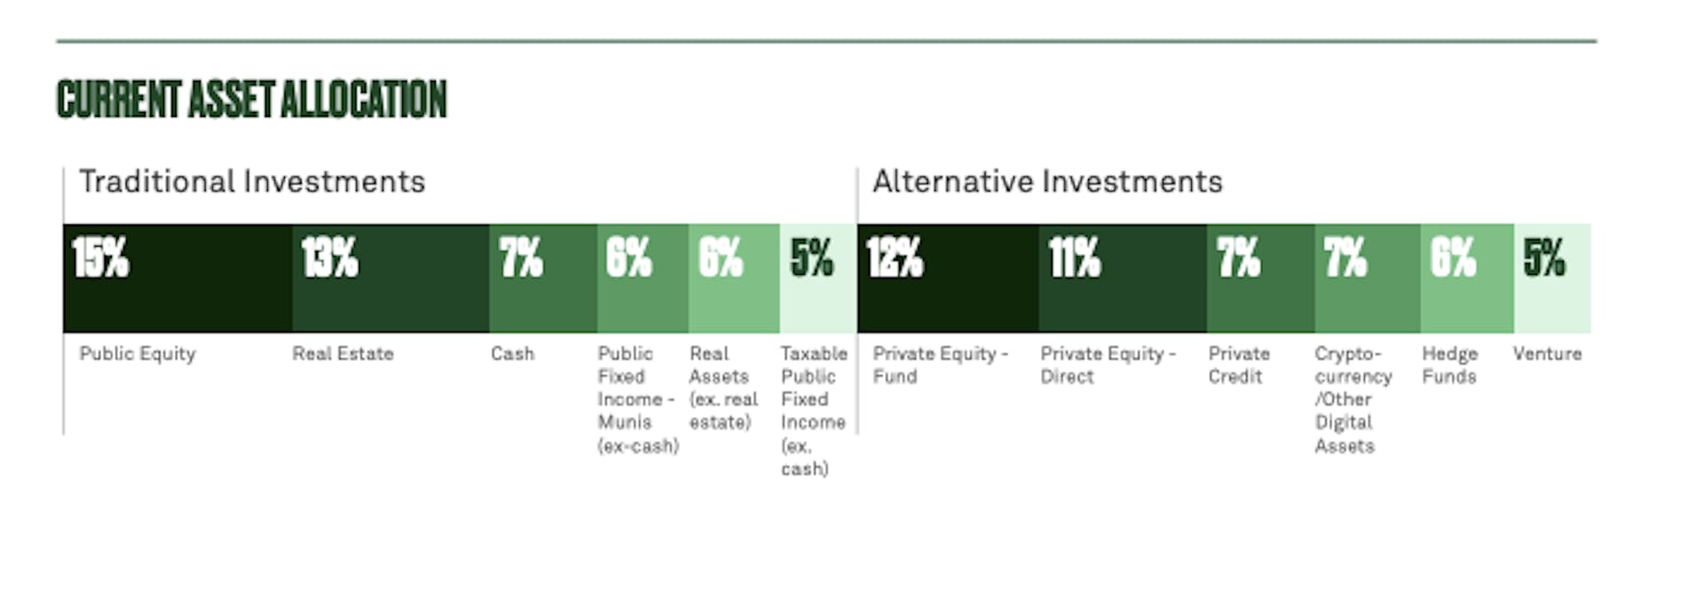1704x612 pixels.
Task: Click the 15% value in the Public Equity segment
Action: (x=100, y=258)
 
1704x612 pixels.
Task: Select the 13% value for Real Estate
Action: (x=329, y=258)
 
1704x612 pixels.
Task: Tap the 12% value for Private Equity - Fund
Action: (x=895, y=258)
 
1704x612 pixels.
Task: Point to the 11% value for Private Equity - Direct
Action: (x=1074, y=258)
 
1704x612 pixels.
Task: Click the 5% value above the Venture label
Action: (x=1544, y=258)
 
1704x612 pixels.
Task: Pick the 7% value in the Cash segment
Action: (x=521, y=258)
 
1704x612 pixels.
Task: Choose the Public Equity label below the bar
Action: (x=138, y=354)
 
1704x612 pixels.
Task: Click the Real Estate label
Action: (x=343, y=354)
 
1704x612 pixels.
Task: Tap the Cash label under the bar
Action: (x=513, y=354)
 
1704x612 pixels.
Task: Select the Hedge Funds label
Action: (x=1450, y=365)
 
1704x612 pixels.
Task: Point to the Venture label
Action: (x=1547, y=354)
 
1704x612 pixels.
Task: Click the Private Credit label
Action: (x=1239, y=365)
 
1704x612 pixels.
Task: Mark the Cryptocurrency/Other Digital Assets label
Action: (x=1353, y=399)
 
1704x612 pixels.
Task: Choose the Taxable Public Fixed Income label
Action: (x=814, y=411)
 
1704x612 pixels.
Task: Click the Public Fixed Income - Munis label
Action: (x=638, y=399)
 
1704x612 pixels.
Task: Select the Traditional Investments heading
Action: (x=252, y=182)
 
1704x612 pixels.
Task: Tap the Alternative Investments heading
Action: (x=1047, y=182)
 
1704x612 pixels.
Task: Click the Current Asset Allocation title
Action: (x=252, y=99)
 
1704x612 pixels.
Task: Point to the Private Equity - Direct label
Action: (x=1108, y=365)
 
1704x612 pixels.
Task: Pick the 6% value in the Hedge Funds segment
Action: (x=1453, y=258)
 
